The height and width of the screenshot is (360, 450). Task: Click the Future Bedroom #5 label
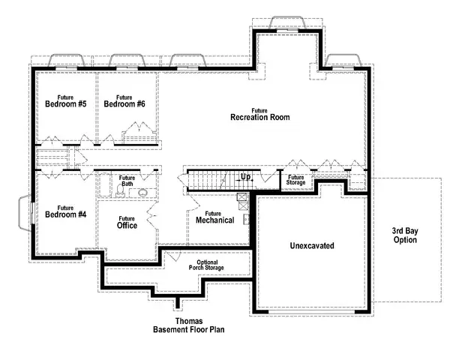click(65, 100)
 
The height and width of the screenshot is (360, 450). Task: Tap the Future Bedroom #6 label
click(124, 100)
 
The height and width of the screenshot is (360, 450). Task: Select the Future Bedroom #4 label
click(65, 211)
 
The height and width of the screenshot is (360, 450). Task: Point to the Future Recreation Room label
click(259, 114)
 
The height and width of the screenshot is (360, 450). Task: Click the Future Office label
click(127, 221)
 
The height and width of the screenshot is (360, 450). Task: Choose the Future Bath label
click(127, 181)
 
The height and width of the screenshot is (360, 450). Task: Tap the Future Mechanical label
click(214, 217)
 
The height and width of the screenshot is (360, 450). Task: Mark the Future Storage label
click(295, 180)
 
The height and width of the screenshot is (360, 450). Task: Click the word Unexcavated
click(311, 246)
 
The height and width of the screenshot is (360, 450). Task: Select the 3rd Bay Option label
click(409, 236)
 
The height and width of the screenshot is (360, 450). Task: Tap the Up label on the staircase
click(245, 178)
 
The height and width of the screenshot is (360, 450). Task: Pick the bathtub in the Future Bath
click(104, 185)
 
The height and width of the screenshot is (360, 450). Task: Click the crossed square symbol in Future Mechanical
click(242, 198)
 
